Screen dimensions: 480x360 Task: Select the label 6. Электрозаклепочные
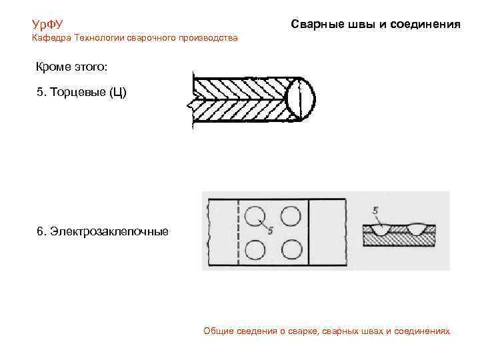[103, 232]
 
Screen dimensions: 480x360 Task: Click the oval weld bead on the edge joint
[300, 100]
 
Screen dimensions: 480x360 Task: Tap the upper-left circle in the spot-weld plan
[254, 215]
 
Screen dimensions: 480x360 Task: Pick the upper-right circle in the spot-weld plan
[290, 215]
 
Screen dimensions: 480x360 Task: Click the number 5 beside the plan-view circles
[271, 231]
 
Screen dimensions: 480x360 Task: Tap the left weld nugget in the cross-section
[383, 230]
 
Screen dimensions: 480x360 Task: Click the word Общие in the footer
[217, 331]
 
